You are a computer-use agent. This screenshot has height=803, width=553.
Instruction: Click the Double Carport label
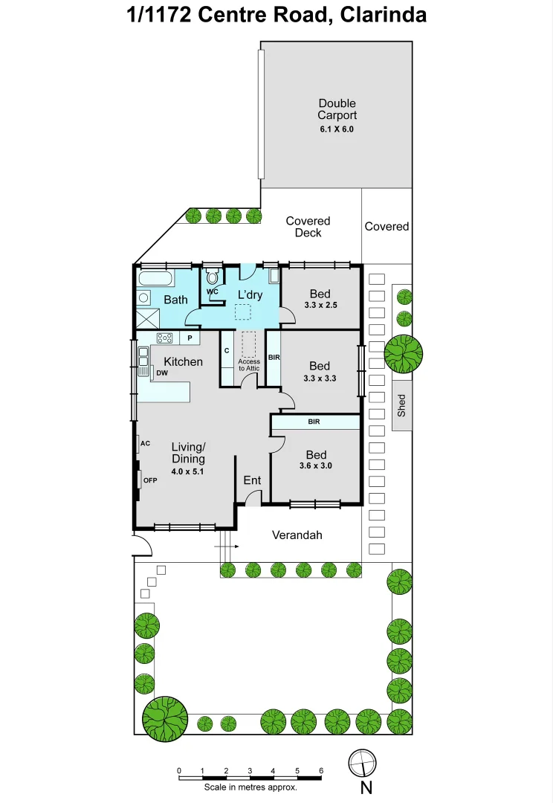(337, 109)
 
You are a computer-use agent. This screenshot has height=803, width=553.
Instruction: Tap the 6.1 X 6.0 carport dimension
(337, 129)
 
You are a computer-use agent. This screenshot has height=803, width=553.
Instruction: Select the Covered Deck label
(308, 227)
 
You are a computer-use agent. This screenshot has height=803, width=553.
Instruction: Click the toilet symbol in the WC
(213, 278)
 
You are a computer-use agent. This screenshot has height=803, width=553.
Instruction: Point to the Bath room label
(175, 300)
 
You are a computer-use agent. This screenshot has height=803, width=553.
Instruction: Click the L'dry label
(250, 294)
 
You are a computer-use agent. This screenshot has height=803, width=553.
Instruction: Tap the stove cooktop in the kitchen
(164, 338)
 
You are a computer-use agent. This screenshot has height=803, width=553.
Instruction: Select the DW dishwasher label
(161, 373)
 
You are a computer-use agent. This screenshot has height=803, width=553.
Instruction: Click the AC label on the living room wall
(145, 443)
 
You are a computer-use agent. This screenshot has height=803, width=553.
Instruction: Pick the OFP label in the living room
(149, 480)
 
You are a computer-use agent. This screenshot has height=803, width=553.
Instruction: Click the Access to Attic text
(249, 365)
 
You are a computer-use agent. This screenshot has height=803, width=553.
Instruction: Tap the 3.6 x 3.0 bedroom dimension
(316, 466)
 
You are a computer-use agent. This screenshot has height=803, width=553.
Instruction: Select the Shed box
(401, 405)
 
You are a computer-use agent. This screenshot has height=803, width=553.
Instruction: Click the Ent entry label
(252, 480)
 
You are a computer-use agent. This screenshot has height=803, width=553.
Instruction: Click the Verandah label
(297, 535)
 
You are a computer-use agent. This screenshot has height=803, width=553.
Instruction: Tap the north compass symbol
(363, 762)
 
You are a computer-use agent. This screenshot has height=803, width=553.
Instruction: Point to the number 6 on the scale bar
(321, 770)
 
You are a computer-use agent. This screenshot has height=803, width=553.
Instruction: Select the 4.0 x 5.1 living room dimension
(187, 471)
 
